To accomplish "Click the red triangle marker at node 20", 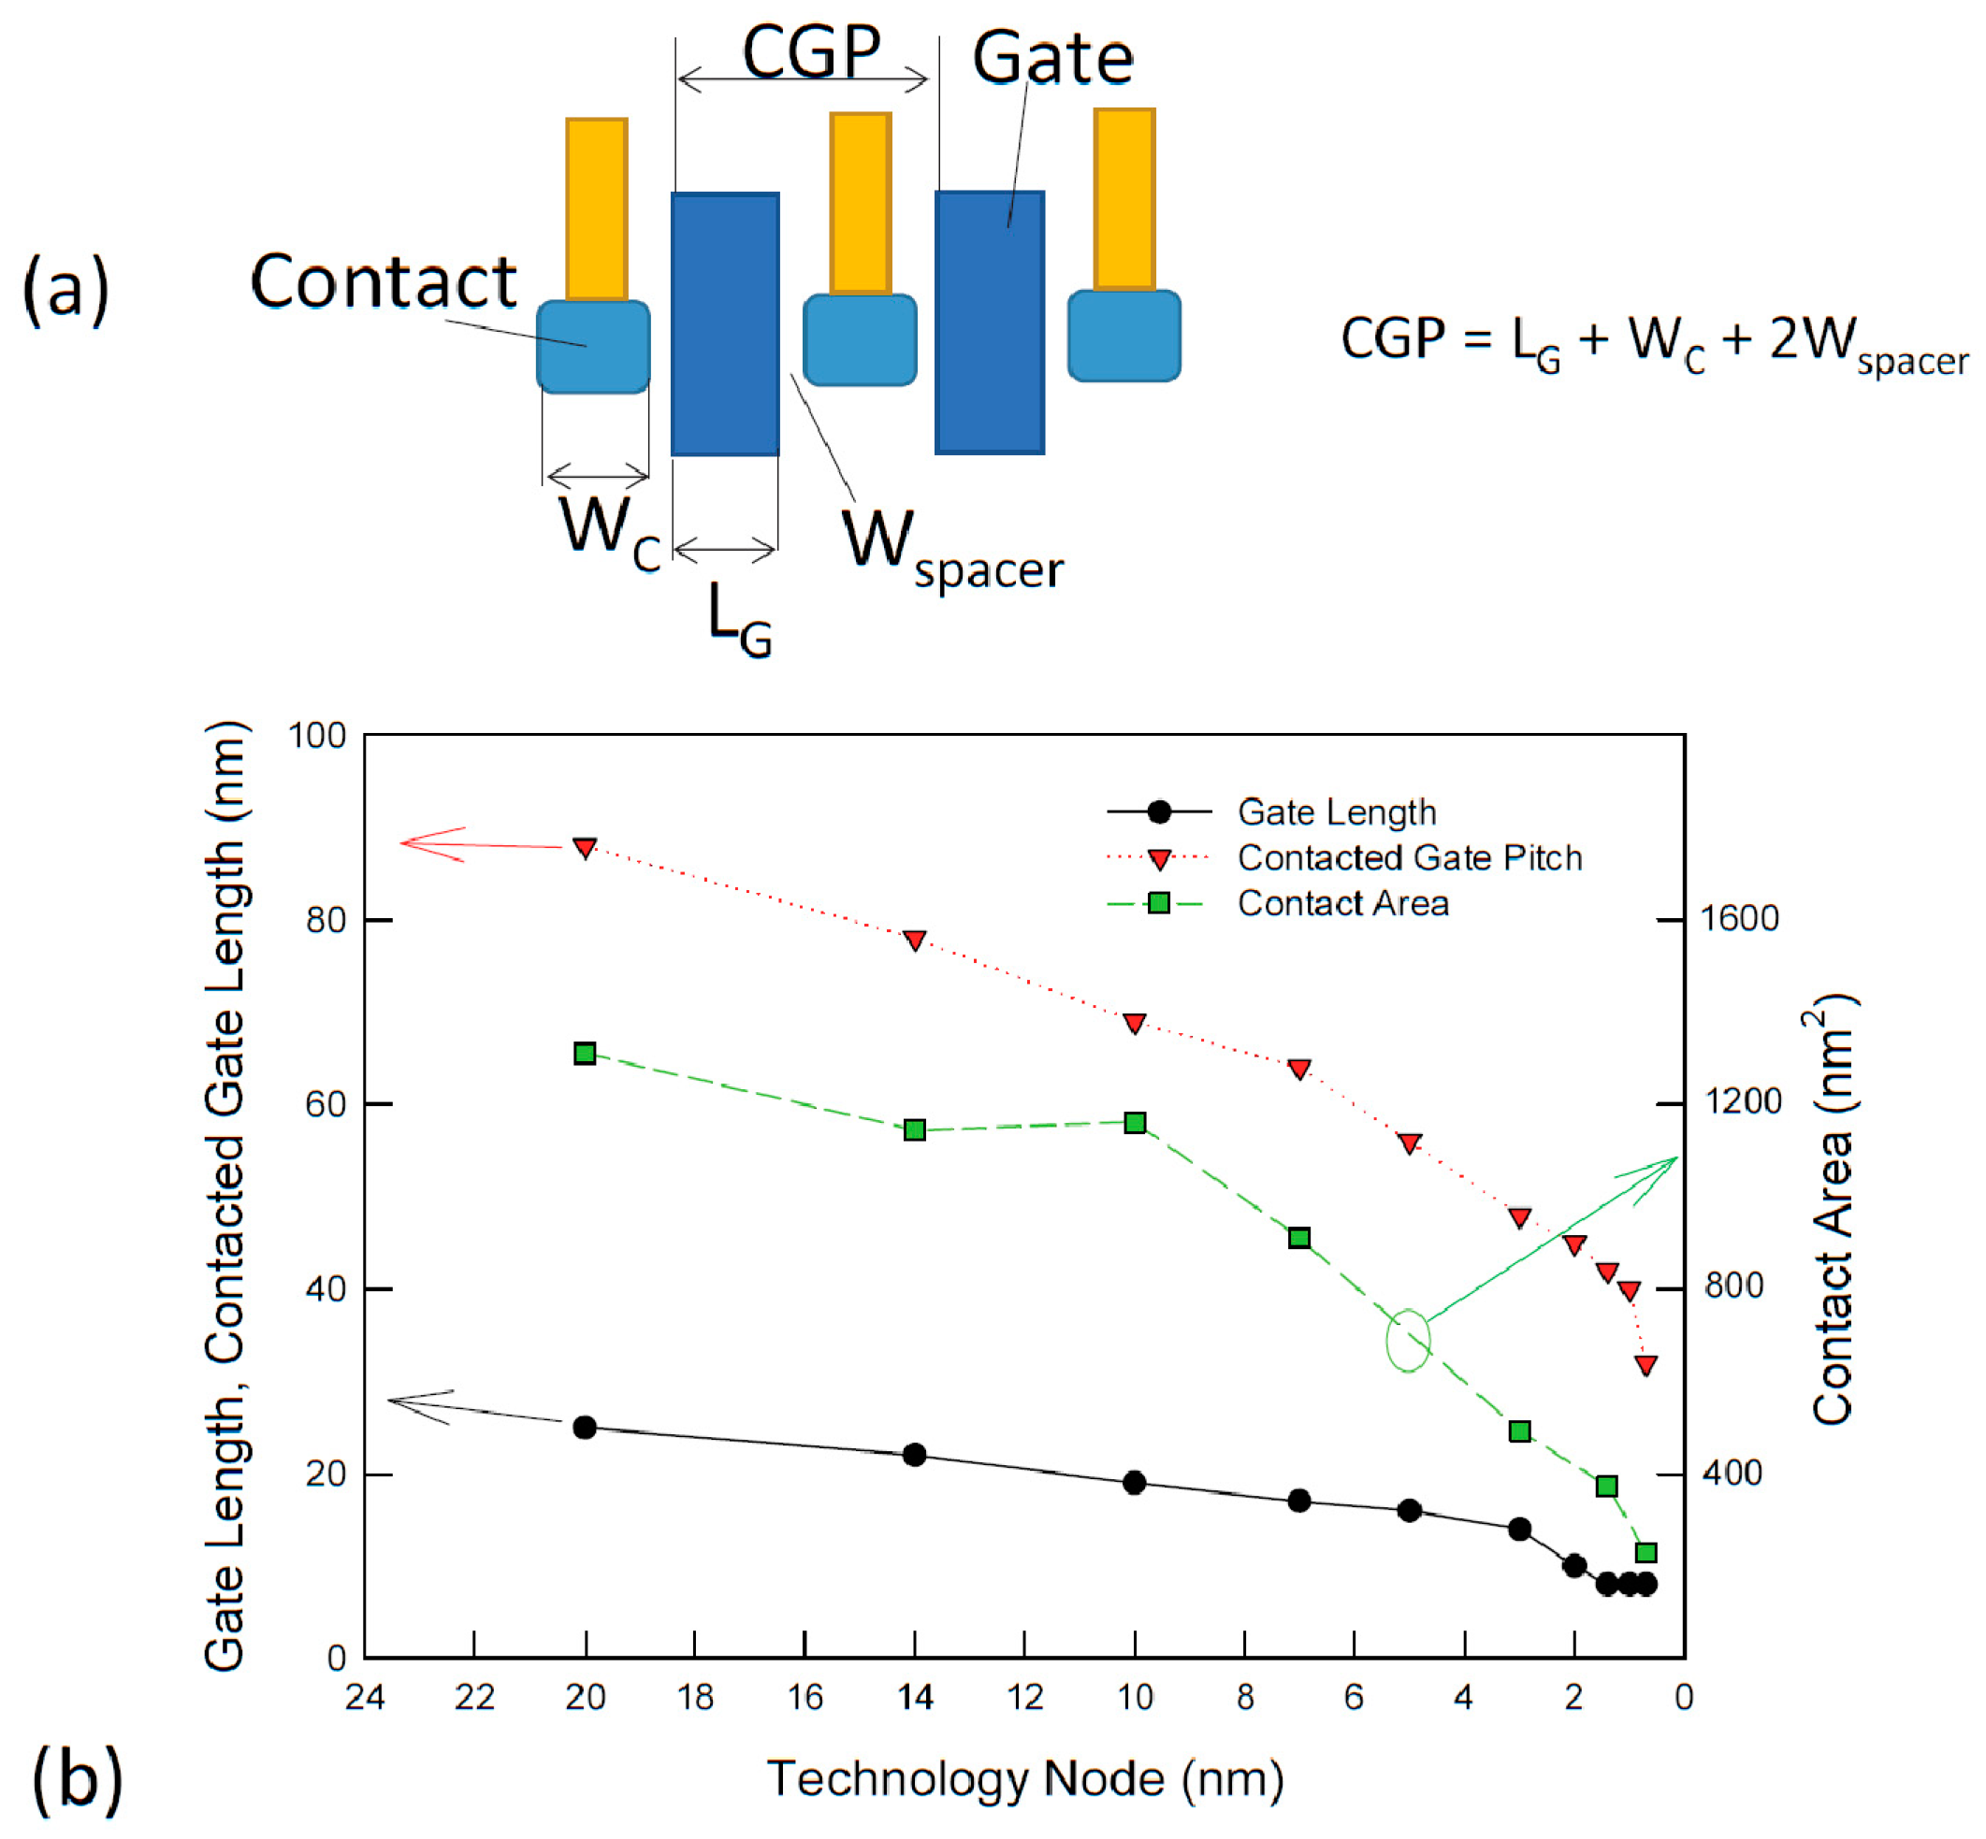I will click(x=586, y=848).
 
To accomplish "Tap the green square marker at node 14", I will click(x=915, y=1129).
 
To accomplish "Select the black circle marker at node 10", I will click(x=1134, y=1483).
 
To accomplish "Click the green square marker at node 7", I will click(x=1299, y=1238).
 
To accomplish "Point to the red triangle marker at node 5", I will click(x=1409, y=1143).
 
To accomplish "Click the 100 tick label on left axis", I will click(x=316, y=737).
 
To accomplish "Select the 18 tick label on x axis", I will click(x=695, y=1698).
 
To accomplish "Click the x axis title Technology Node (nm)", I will click(x=1024, y=1778).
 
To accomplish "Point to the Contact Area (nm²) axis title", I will click(x=1833, y=1209).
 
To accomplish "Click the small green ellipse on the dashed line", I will click(x=1408, y=1341).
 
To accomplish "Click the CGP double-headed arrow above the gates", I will click(x=803, y=79).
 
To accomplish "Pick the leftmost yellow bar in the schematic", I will click(x=596, y=209).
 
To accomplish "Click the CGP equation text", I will click(x=1654, y=343).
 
